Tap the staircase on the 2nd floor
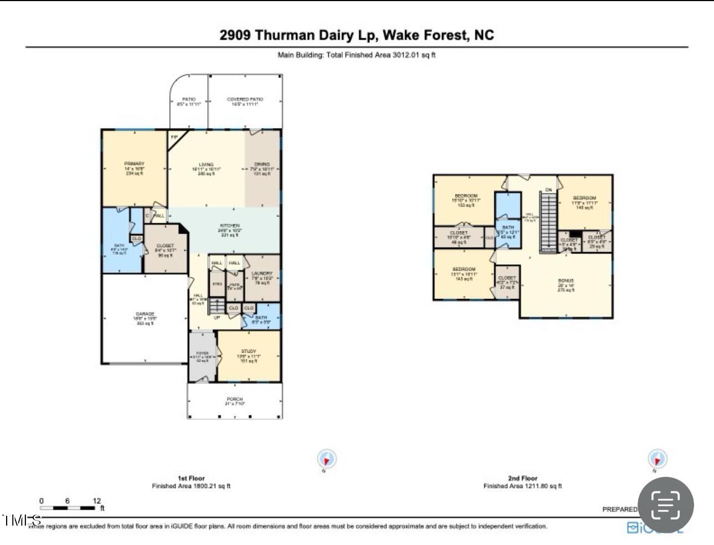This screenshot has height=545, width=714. click(548, 222)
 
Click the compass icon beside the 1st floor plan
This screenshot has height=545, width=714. click(327, 459)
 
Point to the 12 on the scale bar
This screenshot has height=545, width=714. click(97, 501)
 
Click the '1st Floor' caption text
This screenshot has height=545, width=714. click(191, 478)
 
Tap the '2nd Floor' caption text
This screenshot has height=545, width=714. click(522, 478)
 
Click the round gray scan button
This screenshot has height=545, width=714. click(665, 505)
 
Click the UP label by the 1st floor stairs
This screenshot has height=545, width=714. click(217, 318)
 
